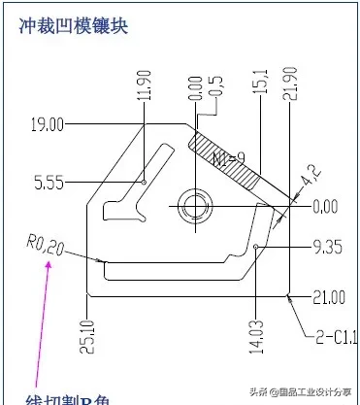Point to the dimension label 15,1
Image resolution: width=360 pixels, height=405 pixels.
tap(260, 83)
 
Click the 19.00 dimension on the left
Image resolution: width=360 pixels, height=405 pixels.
tap(47, 124)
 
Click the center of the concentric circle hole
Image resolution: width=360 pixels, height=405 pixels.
tap(195, 205)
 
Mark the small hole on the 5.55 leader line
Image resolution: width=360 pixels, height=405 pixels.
tap(144, 181)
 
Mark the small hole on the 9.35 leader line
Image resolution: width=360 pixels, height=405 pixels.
tap(256, 248)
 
